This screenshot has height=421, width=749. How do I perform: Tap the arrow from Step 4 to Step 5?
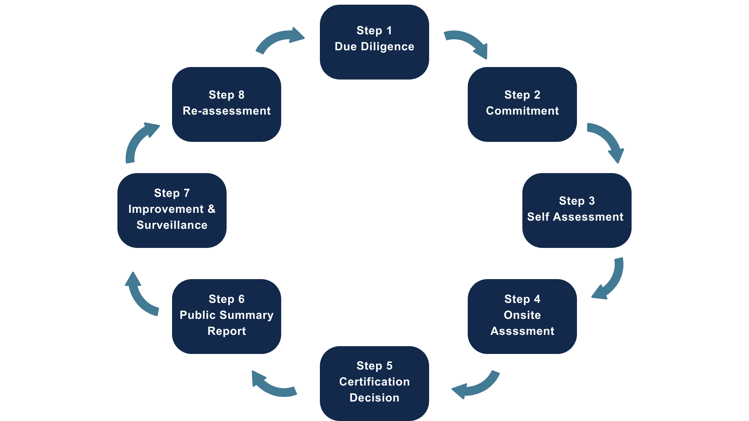point(478,387)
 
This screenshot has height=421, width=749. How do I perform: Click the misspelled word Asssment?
point(522,331)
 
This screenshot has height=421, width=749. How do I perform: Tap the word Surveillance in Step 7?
point(172,225)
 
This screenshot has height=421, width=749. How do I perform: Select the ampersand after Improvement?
point(211,209)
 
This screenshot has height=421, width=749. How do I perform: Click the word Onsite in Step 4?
point(522,315)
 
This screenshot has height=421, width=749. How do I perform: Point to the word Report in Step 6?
point(226,331)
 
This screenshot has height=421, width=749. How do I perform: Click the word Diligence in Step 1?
point(387,46)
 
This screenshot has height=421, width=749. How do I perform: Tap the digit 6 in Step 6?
point(241,299)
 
